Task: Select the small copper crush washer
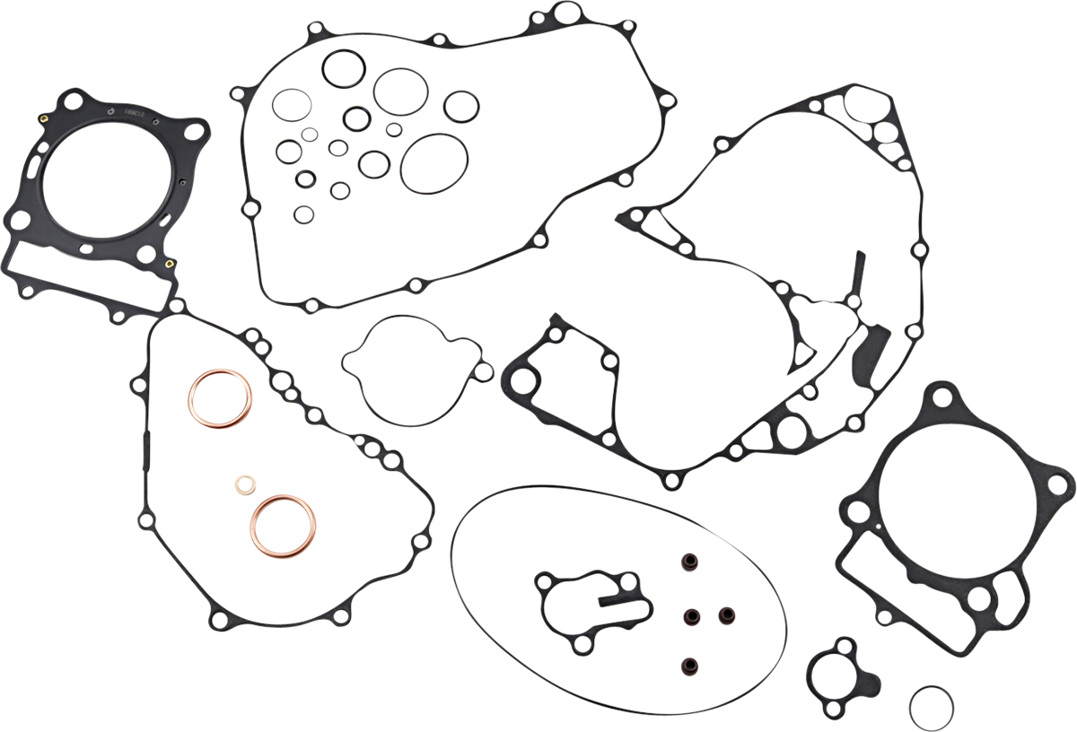coord(245,485)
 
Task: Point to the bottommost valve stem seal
coord(690,667)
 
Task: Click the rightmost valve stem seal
coord(722,616)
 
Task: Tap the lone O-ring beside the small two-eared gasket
coord(931,708)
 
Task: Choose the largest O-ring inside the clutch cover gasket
coord(434,163)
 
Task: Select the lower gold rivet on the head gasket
coord(169,264)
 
